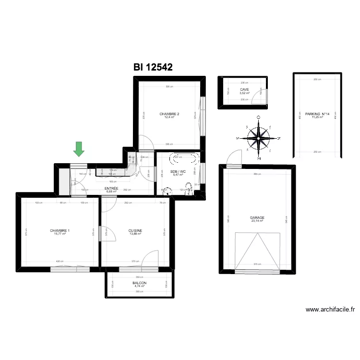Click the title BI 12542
point(153,68)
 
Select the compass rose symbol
point(258,138)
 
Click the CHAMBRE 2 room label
point(169,114)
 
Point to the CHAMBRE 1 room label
point(60,231)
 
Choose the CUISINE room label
point(135,231)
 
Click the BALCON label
point(140,283)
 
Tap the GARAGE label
point(257,217)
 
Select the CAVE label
point(245,90)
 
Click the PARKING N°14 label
point(317,114)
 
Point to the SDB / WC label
point(178,171)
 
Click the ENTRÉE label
point(111,189)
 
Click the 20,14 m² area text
point(257,221)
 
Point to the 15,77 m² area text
point(60,234)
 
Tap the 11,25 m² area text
point(317,117)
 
